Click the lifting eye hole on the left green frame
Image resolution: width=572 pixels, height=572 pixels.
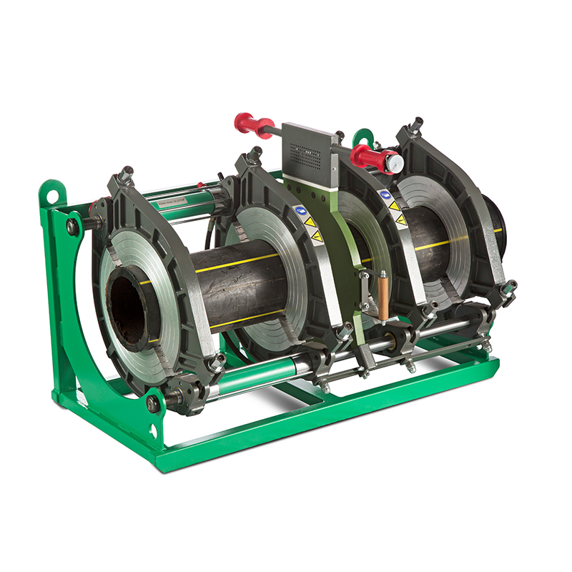(x=51, y=192)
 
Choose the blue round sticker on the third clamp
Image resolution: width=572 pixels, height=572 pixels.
(x=385, y=194)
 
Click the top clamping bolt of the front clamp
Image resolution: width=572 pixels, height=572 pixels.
(x=127, y=174)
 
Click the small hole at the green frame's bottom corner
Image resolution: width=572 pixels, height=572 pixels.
(x=152, y=431)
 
